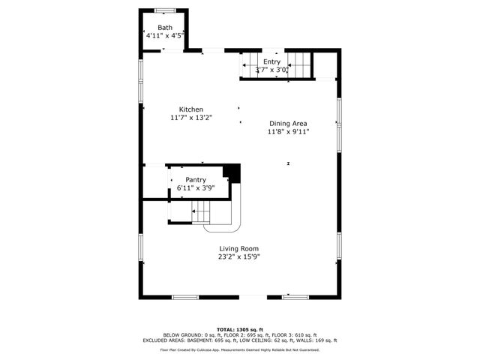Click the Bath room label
click(x=164, y=27)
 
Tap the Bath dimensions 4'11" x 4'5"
click(x=164, y=34)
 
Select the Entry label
click(x=271, y=62)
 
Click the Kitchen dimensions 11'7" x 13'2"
click(x=190, y=117)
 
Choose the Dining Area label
click(x=289, y=124)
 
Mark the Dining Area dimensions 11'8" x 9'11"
click(x=289, y=131)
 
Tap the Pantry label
click(x=196, y=180)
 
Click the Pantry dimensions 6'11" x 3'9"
click(x=196, y=187)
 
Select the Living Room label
click(x=239, y=249)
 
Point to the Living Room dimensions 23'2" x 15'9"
click(x=239, y=256)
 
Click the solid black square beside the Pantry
click(x=233, y=173)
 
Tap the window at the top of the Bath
click(x=164, y=10)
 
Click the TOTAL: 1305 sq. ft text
click(x=239, y=329)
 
